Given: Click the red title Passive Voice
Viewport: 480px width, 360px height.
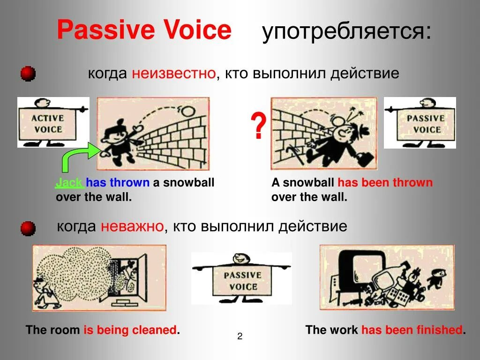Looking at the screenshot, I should [144, 30].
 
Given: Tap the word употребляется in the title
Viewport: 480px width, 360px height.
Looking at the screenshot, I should [346, 32].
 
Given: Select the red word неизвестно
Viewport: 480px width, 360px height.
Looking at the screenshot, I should [174, 74].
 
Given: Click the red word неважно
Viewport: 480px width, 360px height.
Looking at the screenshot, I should [132, 227].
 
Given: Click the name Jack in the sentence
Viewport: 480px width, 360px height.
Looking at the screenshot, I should [69, 183].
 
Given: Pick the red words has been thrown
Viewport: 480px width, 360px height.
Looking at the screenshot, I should [385, 183].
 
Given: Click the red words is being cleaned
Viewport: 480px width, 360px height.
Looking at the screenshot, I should [130, 330].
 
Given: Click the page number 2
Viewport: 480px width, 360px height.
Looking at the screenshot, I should [240, 336].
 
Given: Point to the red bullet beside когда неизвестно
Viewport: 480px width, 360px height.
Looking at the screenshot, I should [28, 74].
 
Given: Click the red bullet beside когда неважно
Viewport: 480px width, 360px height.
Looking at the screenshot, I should [28, 228].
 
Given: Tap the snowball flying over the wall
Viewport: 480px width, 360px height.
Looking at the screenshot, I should [188, 111].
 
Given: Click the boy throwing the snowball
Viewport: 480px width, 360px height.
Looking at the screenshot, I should [116, 141].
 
